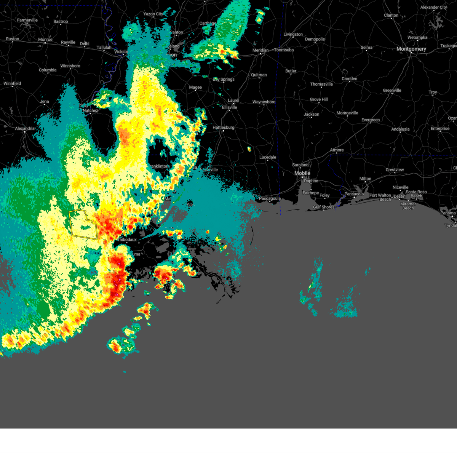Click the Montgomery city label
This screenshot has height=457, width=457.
(x=411, y=49)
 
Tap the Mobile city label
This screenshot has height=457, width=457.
(x=302, y=173)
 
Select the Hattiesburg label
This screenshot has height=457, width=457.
(x=223, y=128)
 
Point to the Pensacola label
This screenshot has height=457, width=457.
(x=354, y=194)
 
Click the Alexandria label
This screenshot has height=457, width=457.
(x=25, y=129)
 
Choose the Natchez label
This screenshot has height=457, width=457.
(x=90, y=110)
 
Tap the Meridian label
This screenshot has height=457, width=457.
(x=260, y=50)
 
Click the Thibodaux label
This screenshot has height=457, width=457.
(x=126, y=240)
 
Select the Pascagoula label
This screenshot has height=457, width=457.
(x=270, y=198)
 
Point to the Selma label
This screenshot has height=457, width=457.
(x=366, y=48)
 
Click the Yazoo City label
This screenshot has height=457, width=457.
(x=153, y=14)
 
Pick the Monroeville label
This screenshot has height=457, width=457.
(x=347, y=113)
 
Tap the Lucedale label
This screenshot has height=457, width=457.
(x=268, y=157)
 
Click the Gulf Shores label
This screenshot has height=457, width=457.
(x=324, y=207)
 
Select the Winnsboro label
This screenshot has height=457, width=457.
(x=70, y=66)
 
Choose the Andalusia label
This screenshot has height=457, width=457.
(x=400, y=129)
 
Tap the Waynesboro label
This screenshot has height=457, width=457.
(x=264, y=102)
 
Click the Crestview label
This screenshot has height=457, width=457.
(x=395, y=170)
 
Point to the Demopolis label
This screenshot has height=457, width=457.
(x=315, y=39)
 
